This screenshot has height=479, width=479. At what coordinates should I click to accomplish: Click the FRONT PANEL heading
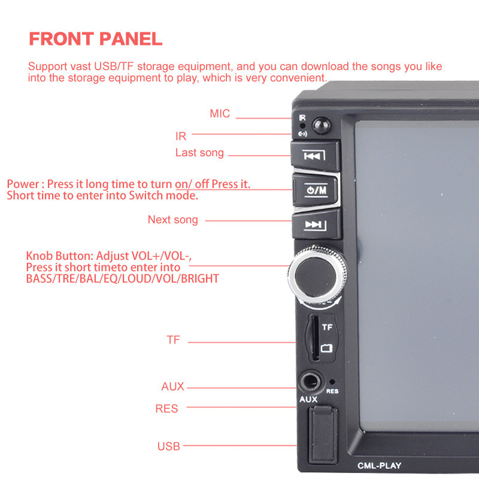[x=95, y=39]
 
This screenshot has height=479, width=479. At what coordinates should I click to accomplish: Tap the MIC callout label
[x=220, y=114]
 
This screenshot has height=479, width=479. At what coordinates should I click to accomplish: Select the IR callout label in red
[x=181, y=137]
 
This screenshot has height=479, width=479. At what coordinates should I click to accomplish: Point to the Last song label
[x=199, y=153]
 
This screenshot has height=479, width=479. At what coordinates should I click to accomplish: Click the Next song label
[x=173, y=220]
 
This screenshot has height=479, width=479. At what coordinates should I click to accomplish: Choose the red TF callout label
[x=173, y=339]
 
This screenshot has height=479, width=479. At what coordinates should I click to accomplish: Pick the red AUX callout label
[x=172, y=386]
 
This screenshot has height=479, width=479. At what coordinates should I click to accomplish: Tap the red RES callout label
[x=166, y=409]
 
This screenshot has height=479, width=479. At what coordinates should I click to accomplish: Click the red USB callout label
[x=169, y=446]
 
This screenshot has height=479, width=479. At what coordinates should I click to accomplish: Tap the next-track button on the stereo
[x=316, y=226]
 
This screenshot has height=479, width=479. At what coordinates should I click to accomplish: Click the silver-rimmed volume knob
[x=317, y=276]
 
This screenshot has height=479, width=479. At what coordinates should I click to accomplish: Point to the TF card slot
[x=315, y=338]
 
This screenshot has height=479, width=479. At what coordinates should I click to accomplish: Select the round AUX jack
[x=310, y=382]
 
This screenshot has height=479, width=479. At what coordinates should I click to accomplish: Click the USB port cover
[x=323, y=435]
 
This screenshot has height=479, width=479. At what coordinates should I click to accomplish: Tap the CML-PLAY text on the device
[x=379, y=466]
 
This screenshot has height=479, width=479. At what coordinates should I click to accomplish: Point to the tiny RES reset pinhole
[x=332, y=381]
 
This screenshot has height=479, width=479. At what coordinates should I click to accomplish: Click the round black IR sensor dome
[x=321, y=126]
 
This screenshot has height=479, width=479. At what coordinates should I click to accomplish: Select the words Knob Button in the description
[x=59, y=256]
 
